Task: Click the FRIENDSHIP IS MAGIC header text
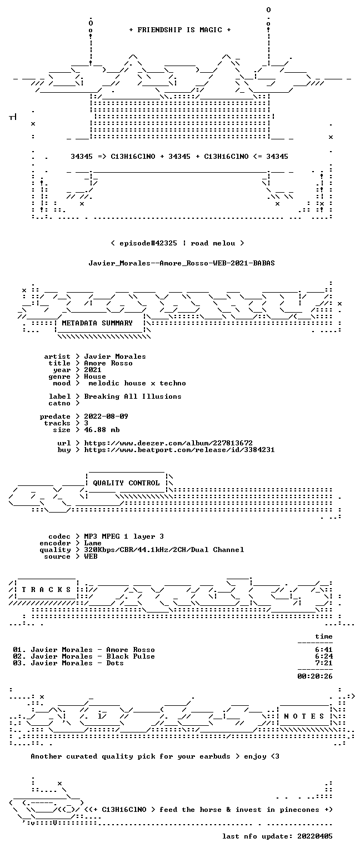pyautogui.click(x=180, y=29)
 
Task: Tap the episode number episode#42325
pyautogui.click(x=148, y=243)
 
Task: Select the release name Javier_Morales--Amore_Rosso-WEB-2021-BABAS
pyautogui.click(x=182, y=263)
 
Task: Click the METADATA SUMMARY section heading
pyautogui.click(x=97, y=323)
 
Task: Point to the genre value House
pyautogui.click(x=95, y=377)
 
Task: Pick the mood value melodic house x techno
pyautogui.click(x=137, y=383)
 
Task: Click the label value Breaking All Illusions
pyautogui.click(x=133, y=397)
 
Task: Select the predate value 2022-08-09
pyautogui.click(x=106, y=416)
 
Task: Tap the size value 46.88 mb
pyautogui.click(x=102, y=430)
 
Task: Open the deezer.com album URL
pyautogui.click(x=168, y=443)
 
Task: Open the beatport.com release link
pyautogui.click(x=179, y=450)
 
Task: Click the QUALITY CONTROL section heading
pyautogui.click(x=126, y=483)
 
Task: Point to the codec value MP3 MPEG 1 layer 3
pyautogui.click(x=124, y=536)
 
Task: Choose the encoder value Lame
pyautogui.click(x=93, y=543)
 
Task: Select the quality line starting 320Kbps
pyautogui.click(x=164, y=550)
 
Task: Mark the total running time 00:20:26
pyautogui.click(x=315, y=676)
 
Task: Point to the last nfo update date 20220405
pyautogui.click(x=315, y=836)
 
